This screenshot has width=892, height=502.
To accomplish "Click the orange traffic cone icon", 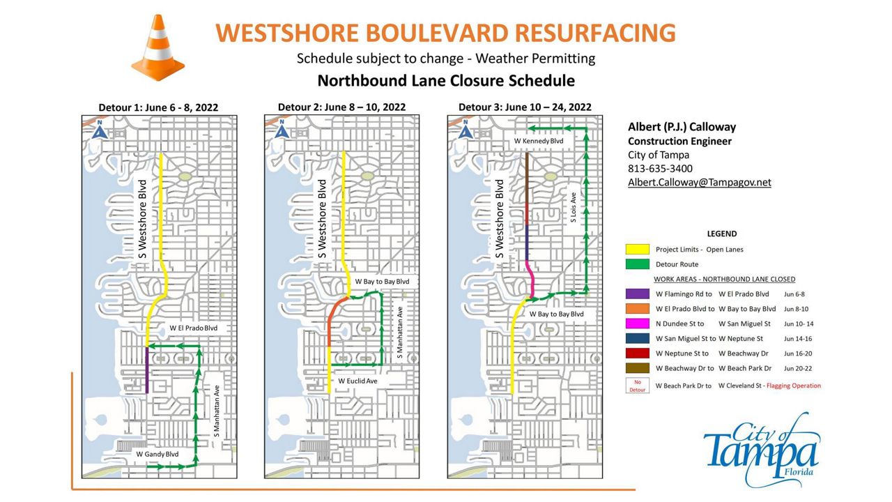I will (158, 48).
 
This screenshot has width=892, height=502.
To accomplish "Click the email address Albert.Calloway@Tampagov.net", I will (699, 183).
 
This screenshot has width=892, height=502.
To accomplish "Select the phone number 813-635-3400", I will (660, 169).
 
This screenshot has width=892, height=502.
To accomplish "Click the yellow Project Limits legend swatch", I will (637, 250).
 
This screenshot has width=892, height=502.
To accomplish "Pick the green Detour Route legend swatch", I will (637, 265).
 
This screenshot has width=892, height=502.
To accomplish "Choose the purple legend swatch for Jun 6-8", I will (637, 294).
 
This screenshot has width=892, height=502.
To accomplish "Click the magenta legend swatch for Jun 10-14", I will (637, 324).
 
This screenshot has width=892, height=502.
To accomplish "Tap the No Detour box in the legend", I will (637, 386).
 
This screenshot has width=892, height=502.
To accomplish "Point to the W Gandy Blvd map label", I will (157, 454).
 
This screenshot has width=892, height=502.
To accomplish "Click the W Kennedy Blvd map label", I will (538, 141).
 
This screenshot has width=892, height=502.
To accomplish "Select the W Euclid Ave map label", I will (357, 381).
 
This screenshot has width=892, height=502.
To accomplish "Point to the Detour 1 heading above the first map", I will (158, 107).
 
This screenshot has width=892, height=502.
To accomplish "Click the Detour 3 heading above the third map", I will (524, 107).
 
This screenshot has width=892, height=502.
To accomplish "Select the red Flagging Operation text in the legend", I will (794, 386).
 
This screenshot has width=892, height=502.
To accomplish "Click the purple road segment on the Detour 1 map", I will (148, 370).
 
